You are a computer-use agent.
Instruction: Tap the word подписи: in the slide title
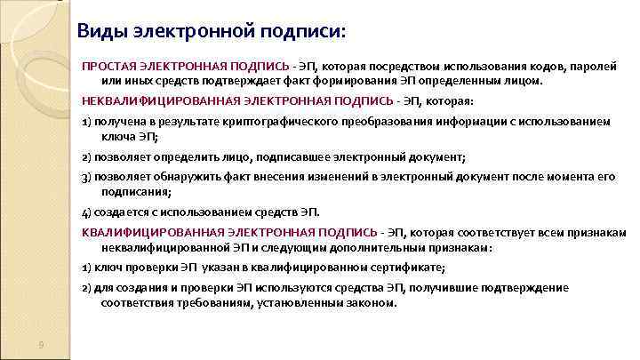pyautogui.click(x=306, y=32)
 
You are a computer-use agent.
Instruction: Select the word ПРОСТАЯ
pyautogui.click(x=108, y=67)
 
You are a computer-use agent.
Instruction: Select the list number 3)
pyautogui.click(x=86, y=177)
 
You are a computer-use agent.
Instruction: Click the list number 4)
pyautogui.click(x=86, y=212)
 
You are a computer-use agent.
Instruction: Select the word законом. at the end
pyautogui.click(x=370, y=303)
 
